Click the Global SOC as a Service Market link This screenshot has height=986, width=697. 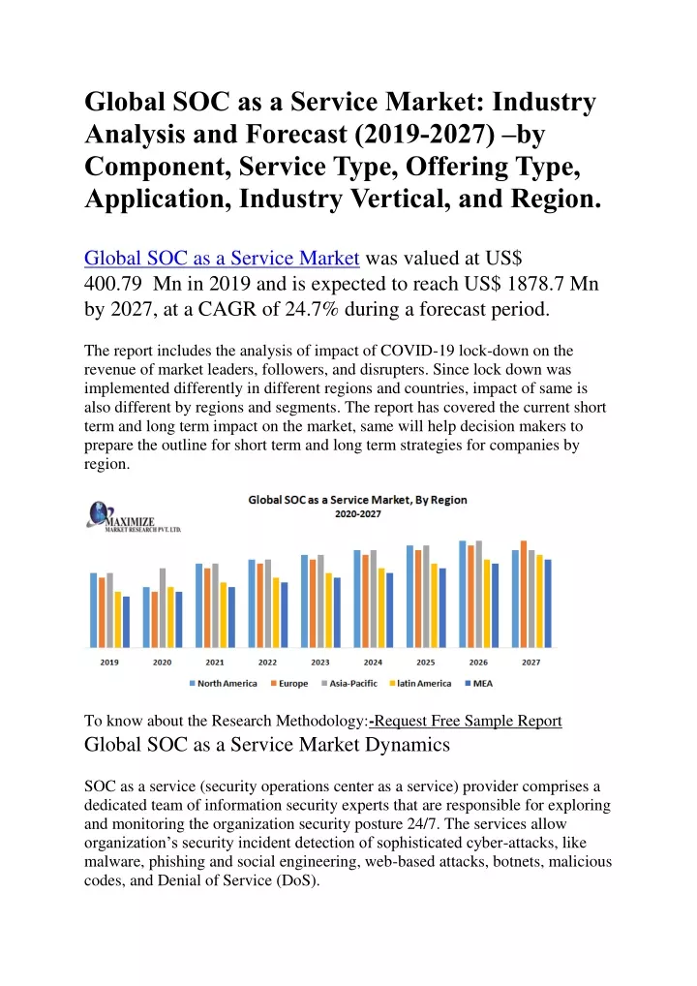(x=222, y=258)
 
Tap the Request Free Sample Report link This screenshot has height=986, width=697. (x=465, y=721)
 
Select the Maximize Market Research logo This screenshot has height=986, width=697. (x=134, y=517)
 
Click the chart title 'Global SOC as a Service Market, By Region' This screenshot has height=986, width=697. (x=357, y=500)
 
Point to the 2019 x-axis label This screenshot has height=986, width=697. (x=109, y=662)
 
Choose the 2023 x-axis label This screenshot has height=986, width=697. (x=319, y=662)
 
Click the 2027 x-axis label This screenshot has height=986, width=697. (x=531, y=662)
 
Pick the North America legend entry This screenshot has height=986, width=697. (x=223, y=684)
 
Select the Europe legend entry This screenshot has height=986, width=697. (x=289, y=684)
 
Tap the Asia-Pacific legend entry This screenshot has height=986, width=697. (x=349, y=684)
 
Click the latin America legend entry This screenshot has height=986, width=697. (x=420, y=684)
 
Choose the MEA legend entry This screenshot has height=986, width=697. (x=479, y=684)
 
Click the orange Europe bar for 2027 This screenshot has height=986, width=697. (x=524, y=594)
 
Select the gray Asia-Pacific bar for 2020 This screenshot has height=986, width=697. (x=163, y=607)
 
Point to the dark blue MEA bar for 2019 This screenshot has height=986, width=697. (x=126, y=622)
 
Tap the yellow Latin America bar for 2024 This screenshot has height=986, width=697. (x=381, y=607)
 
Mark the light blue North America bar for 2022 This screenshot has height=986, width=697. (x=252, y=603)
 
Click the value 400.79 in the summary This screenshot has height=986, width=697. (x=113, y=284)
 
